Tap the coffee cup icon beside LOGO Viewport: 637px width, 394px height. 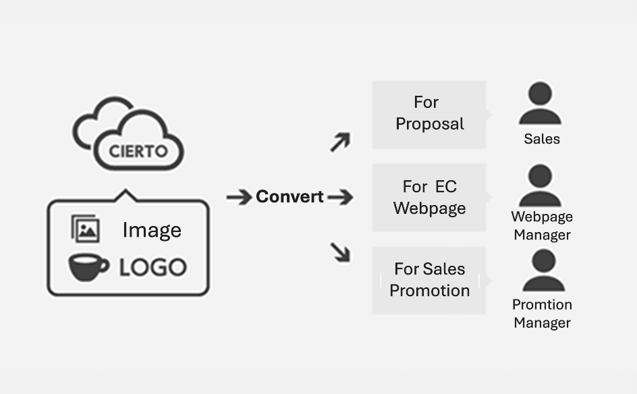click(x=88, y=266)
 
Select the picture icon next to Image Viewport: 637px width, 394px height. click(x=86, y=229)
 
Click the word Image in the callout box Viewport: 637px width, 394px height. click(x=152, y=230)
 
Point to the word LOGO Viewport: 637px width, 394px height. click(x=153, y=267)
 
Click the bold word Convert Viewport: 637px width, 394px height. click(x=290, y=197)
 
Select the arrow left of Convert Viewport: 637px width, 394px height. click(x=239, y=197)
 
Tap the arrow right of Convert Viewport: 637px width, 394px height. click(x=340, y=197)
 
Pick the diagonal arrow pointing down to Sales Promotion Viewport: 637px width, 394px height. click(x=340, y=252)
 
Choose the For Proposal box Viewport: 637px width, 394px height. click(x=429, y=114)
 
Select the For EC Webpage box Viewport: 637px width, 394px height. click(x=429, y=197)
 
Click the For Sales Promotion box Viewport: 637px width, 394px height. click(x=429, y=280)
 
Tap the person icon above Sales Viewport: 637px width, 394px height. click(x=540, y=103)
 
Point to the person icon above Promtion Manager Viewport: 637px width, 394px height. click(x=543, y=270)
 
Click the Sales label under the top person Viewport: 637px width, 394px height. click(x=542, y=140)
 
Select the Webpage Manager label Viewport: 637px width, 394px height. click(x=542, y=226)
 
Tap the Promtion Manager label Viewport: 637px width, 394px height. click(x=542, y=314)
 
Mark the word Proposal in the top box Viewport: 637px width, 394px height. click(x=430, y=124)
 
